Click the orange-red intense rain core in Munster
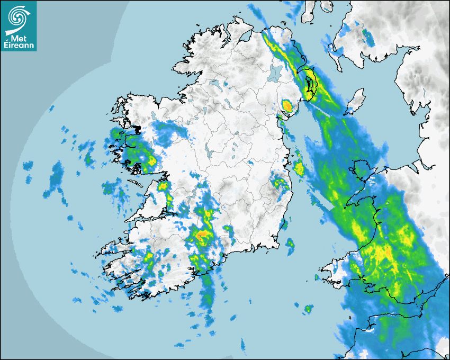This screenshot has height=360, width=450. click(x=202, y=235)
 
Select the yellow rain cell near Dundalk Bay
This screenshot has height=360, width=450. click(x=287, y=105)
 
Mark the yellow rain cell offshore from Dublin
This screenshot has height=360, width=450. click(x=299, y=169)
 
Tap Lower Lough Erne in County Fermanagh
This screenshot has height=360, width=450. click(x=215, y=84)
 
